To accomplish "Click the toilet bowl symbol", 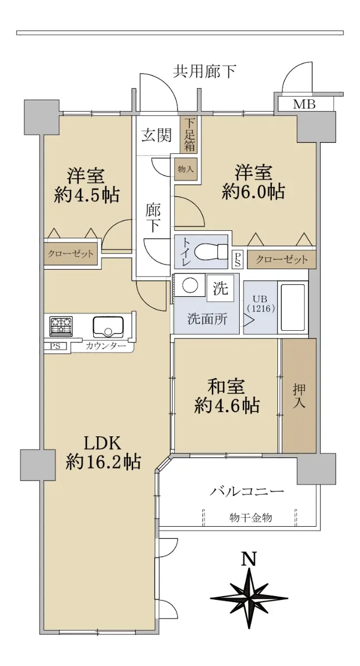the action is [x=211, y=252].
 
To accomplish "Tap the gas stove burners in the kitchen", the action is [x=61, y=326].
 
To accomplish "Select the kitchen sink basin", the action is [x=108, y=326].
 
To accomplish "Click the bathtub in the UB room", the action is [x=292, y=307].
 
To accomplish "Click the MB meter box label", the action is [x=304, y=104].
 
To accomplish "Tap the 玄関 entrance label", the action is [x=156, y=135].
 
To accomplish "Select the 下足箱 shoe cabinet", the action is [x=189, y=135].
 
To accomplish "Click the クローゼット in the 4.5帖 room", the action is [x=71, y=254].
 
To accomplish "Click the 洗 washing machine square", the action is [x=220, y=288].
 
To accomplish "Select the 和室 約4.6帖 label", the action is [x=227, y=397].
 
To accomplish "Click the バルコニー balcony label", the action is [x=247, y=491].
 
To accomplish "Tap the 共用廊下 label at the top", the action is [x=205, y=72].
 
